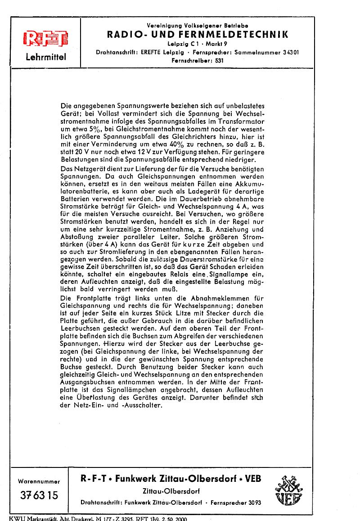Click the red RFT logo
coord(45,40)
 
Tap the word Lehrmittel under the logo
coord(46,57)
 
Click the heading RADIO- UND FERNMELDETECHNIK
coord(198,35)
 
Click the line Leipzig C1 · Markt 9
coord(198,44)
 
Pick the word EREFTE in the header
coord(152,52)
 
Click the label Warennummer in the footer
coord(39,481)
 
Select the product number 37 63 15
coord(39,495)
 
